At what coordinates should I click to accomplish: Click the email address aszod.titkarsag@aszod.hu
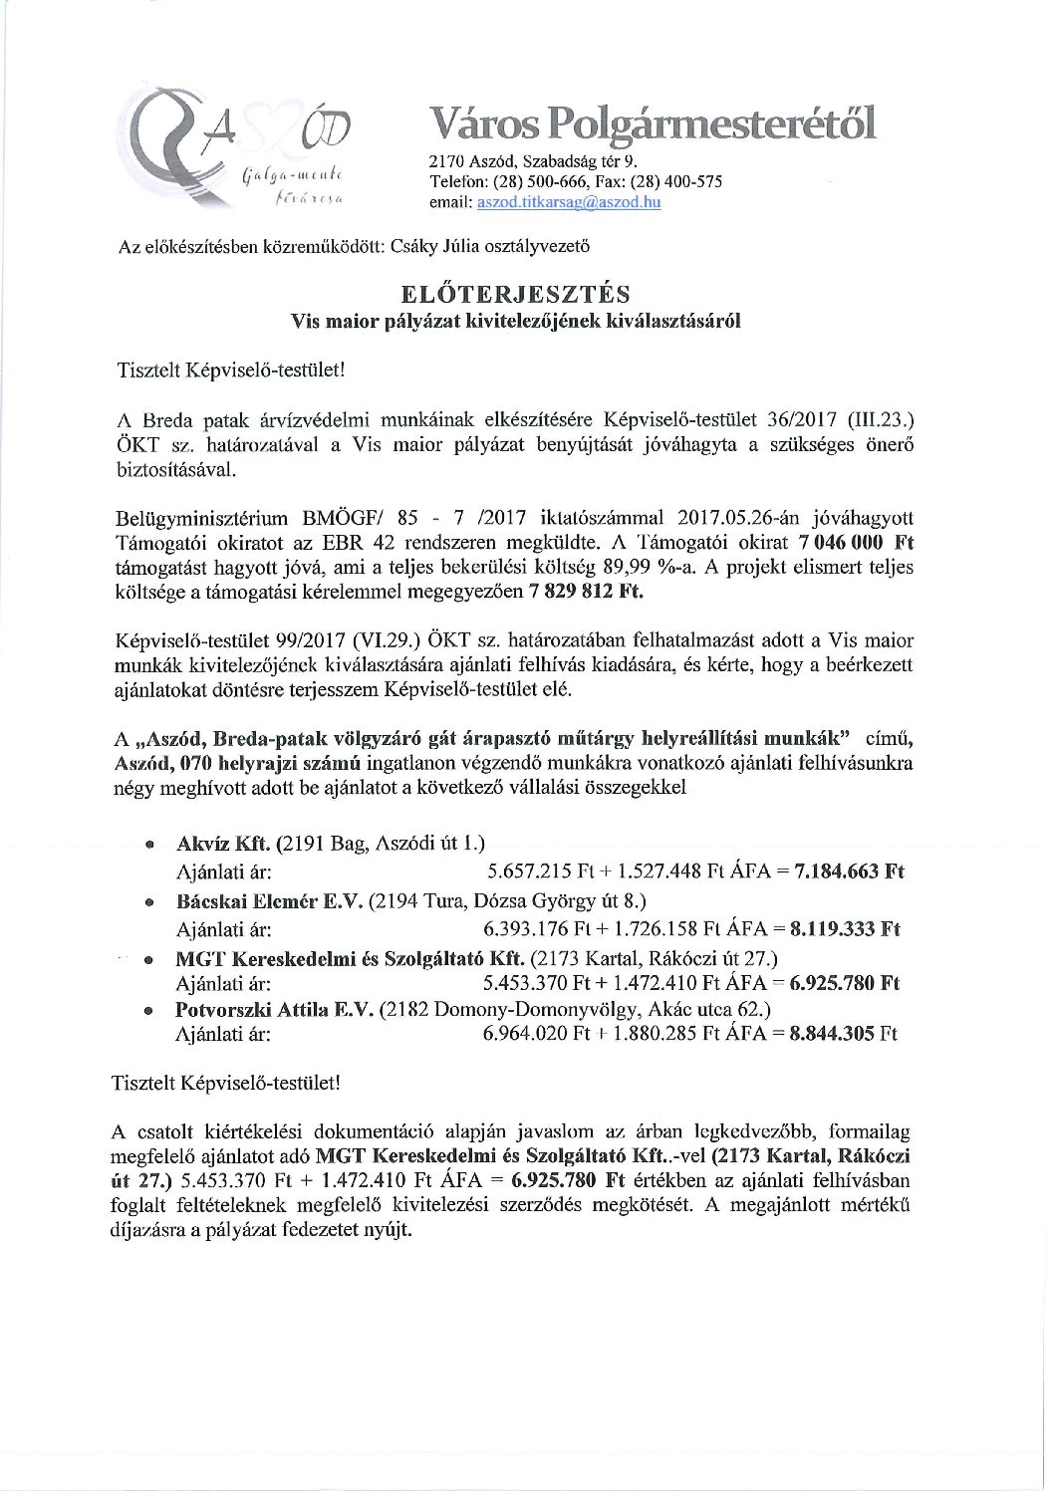(x=569, y=202)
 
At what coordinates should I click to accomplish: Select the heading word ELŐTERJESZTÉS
(x=515, y=294)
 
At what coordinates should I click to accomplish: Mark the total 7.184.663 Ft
(x=848, y=872)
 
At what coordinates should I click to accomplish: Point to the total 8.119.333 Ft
(x=845, y=929)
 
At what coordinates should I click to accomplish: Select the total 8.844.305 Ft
(x=843, y=1034)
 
